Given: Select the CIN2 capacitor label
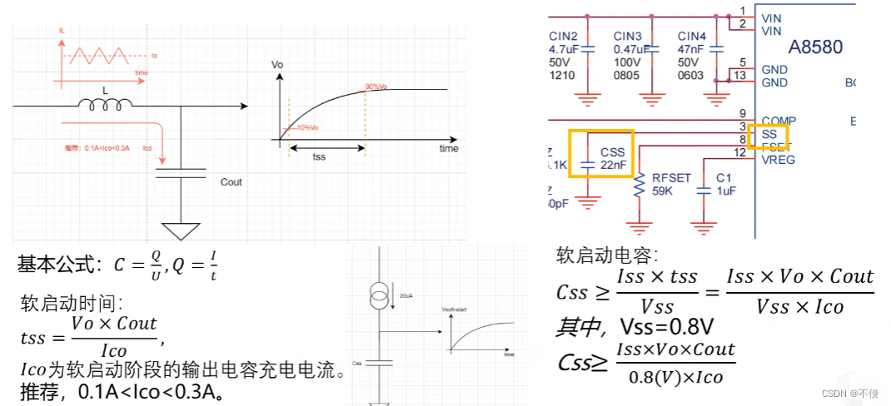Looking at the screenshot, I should pyautogui.click(x=563, y=36).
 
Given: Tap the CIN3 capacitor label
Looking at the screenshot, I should pyautogui.click(x=627, y=36).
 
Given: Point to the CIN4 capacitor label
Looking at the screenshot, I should pyautogui.click(x=691, y=36).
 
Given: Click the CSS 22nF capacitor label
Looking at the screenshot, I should pyautogui.click(x=612, y=158).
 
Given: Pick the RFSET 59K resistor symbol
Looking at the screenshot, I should pyautogui.click(x=640, y=186).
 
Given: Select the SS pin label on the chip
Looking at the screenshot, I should pyautogui.click(x=769, y=133).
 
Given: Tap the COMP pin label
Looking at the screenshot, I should pyautogui.click(x=779, y=121).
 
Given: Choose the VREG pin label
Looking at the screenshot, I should pyautogui.click(x=778, y=158).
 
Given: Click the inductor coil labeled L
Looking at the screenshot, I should pyautogui.click(x=105, y=105).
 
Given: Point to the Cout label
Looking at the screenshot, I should pyautogui.click(x=231, y=182).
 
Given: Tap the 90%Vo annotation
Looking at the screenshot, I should pyautogui.click(x=376, y=87).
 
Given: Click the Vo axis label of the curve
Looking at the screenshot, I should pyautogui.click(x=278, y=64).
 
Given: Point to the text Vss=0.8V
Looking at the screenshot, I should pyautogui.click(x=667, y=325).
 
